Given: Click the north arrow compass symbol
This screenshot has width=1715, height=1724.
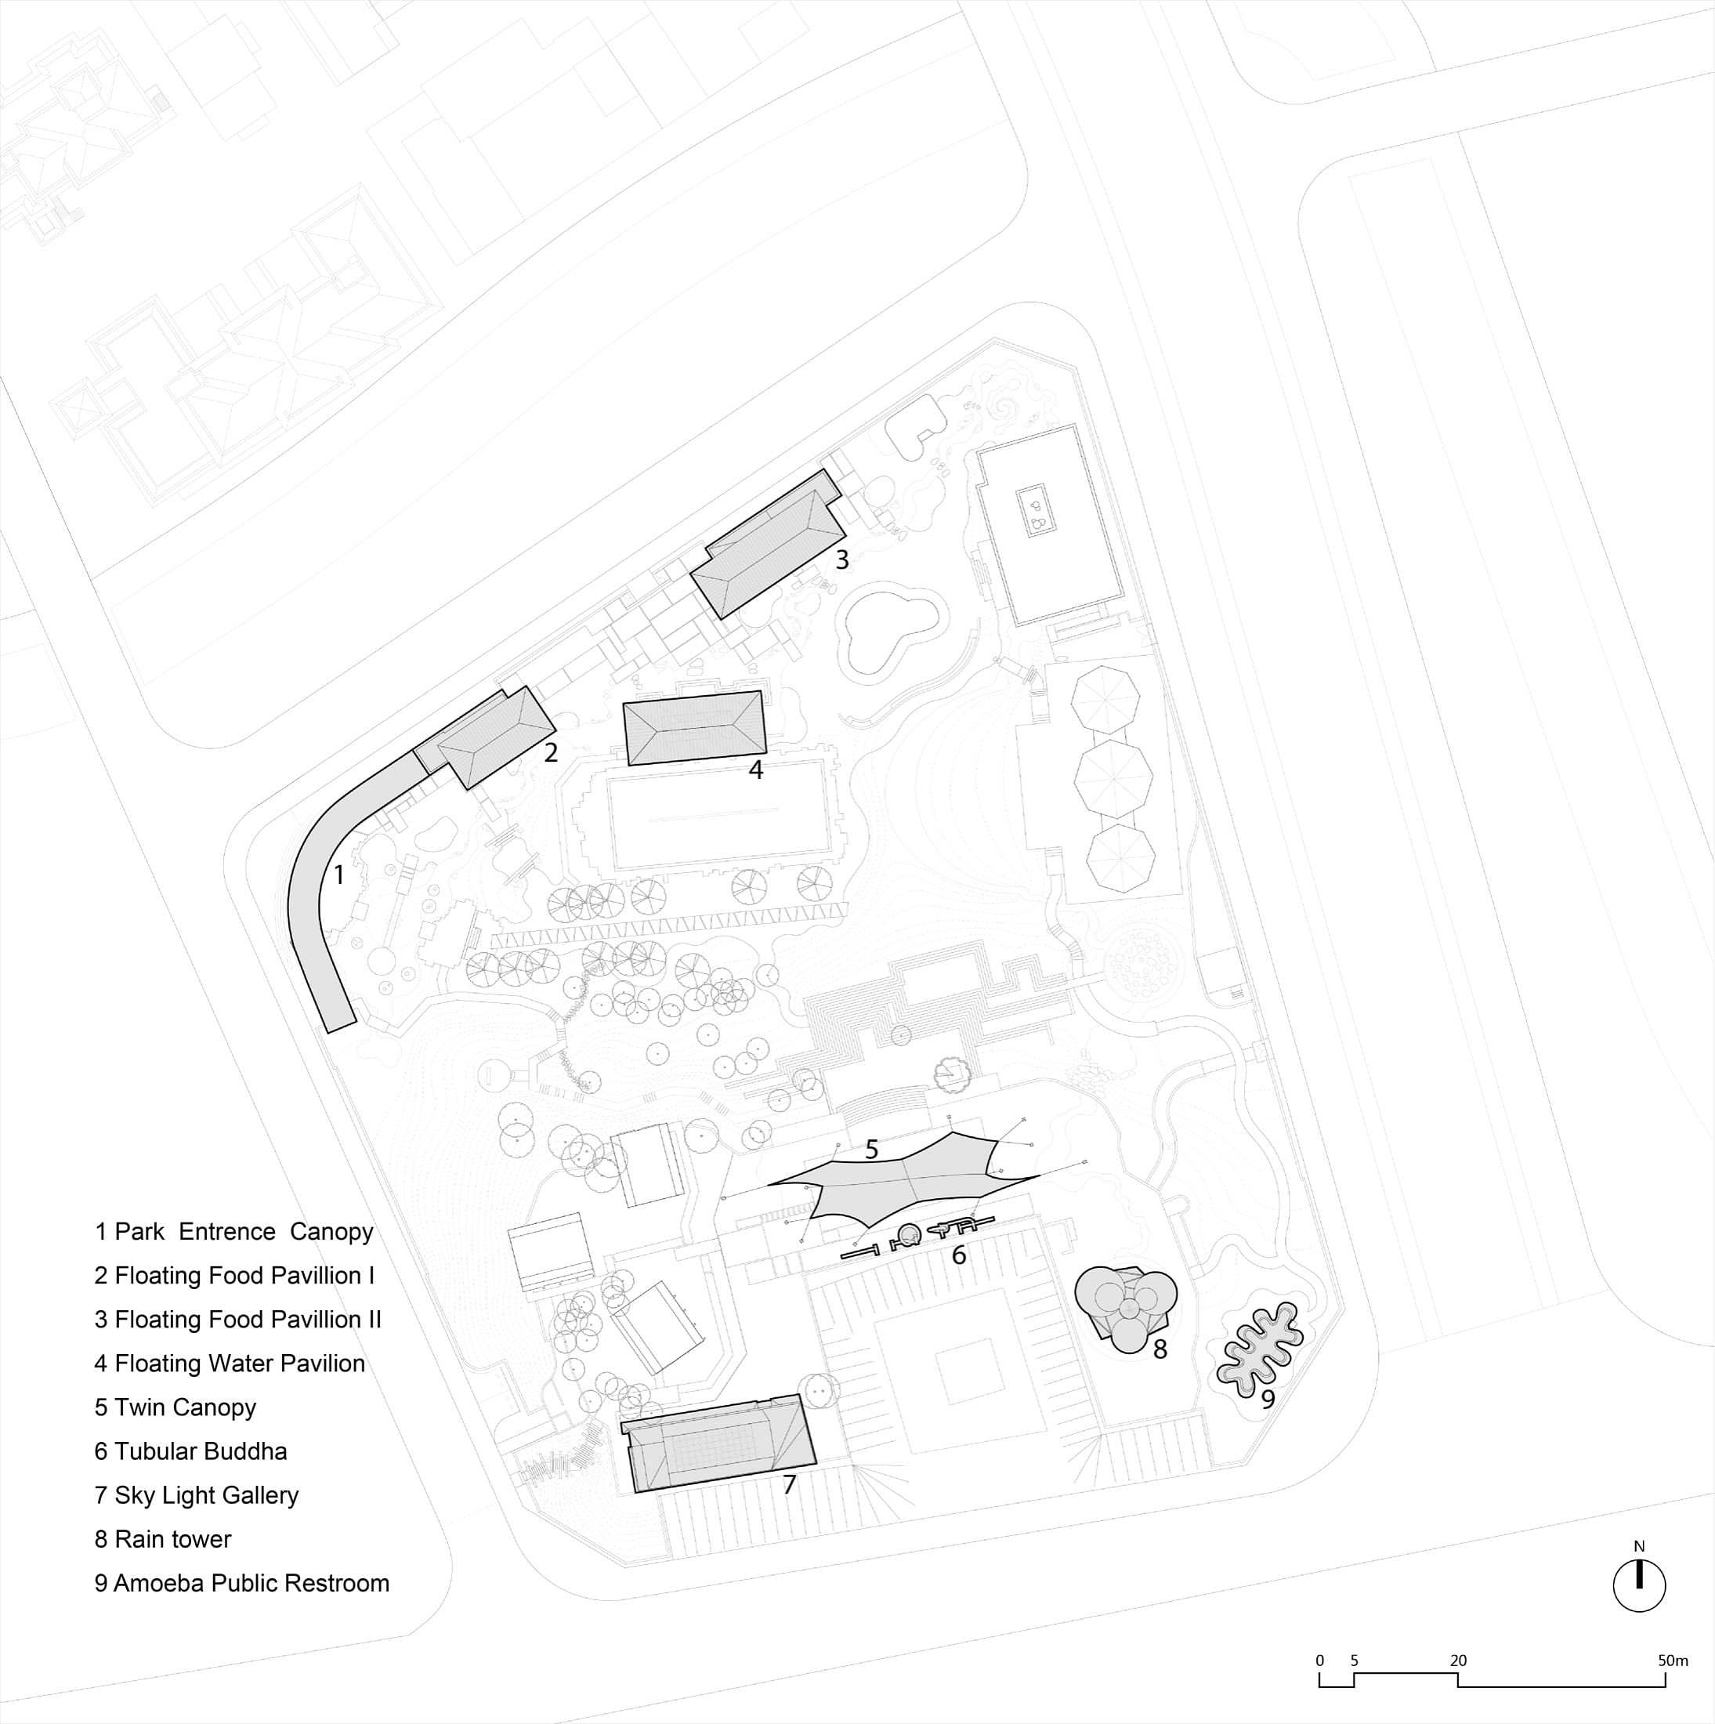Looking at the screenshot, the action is coord(1638,1610).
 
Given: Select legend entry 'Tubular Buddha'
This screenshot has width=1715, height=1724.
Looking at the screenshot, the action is coord(191,1451).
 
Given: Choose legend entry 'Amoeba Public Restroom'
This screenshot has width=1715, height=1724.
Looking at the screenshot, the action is coord(242,1583).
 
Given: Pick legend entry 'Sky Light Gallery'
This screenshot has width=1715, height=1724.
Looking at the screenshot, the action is coord(197,1494).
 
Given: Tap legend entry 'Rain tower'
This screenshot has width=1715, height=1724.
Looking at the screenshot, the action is coord(162,1538).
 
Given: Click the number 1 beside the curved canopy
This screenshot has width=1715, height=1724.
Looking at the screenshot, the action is coord(338,875).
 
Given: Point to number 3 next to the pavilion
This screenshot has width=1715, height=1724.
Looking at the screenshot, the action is coord(841,560).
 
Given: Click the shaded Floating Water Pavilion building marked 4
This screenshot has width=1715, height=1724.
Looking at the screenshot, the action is coord(694,727).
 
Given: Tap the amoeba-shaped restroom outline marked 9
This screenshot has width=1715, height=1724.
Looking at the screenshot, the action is coord(1260,1346).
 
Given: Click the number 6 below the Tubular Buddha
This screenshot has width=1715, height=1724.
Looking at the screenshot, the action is coord(958,1255).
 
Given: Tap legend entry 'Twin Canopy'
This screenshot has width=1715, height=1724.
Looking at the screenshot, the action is coord(175,1407).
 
